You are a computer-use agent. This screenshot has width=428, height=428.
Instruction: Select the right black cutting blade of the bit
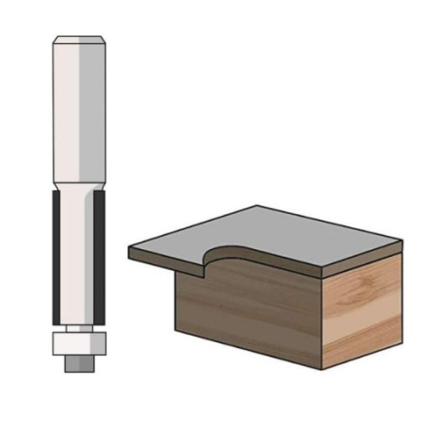point(99,257)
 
